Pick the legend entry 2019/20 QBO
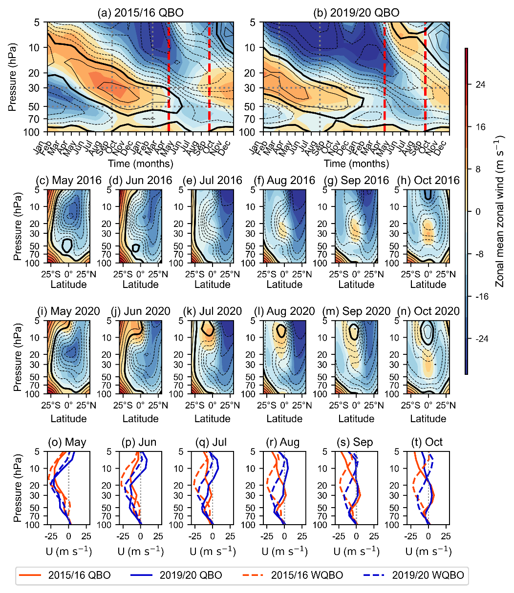point(191,575)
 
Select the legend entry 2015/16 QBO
point(79,575)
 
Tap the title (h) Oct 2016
point(428,181)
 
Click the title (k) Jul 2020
point(213,311)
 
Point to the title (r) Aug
point(284,442)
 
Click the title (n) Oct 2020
point(428,311)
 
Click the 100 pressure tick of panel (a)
point(36,132)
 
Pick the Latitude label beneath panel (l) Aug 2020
point(284,418)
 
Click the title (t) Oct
point(428,442)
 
